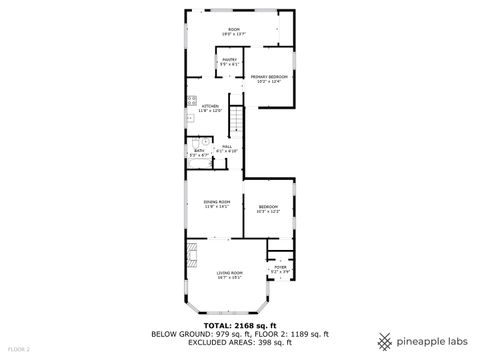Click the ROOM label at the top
click(235, 29)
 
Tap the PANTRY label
click(229, 60)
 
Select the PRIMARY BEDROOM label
click(269, 77)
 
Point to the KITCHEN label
click(210, 106)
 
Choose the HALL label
click(227, 147)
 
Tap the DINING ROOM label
click(217, 202)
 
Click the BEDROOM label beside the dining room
click(267, 207)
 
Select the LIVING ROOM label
click(231, 272)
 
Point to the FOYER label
click(280, 266)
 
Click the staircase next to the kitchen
click(237, 122)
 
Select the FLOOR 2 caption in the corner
click(18, 349)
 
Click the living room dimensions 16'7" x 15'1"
click(231, 277)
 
